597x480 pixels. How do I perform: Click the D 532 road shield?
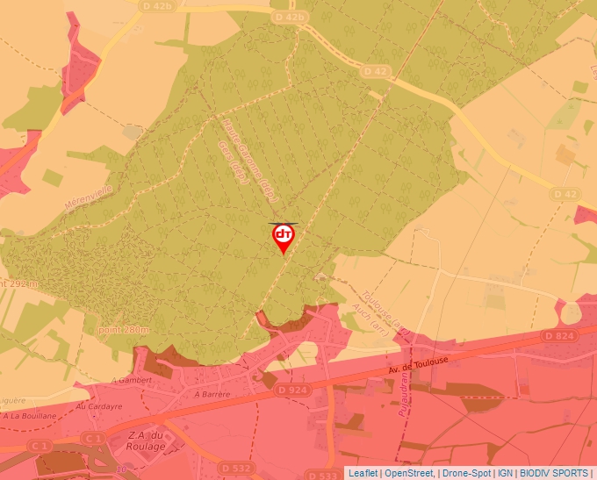(235, 468)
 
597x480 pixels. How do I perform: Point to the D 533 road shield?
(322, 475)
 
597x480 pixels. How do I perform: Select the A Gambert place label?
(132, 380)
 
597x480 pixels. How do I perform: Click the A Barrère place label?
(212, 395)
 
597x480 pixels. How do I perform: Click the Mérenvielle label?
(90, 192)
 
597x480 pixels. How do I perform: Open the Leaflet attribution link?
(363, 473)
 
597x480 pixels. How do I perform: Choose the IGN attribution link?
(505, 473)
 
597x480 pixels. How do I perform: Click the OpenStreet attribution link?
(409, 473)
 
